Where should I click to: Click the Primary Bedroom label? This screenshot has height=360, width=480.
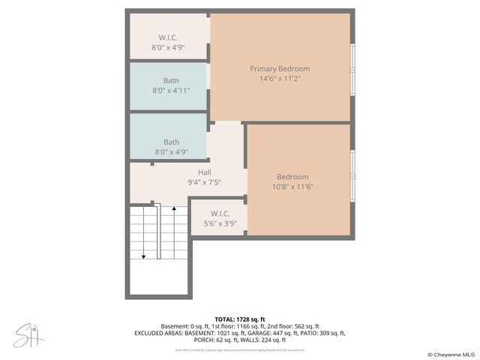280,69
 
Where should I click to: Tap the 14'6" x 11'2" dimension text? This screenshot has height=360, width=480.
280,79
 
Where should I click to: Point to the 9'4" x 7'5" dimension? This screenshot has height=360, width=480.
204,182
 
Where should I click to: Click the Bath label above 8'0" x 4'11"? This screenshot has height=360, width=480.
171,80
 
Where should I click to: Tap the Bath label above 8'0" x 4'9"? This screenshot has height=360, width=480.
171,142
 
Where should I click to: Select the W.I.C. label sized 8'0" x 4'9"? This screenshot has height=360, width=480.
168,37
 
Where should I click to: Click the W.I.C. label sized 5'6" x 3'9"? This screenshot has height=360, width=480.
220,214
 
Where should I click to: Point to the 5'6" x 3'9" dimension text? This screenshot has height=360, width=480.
220,223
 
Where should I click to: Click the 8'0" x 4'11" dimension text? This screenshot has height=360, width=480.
171,90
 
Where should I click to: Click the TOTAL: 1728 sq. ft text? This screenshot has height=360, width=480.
239,319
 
